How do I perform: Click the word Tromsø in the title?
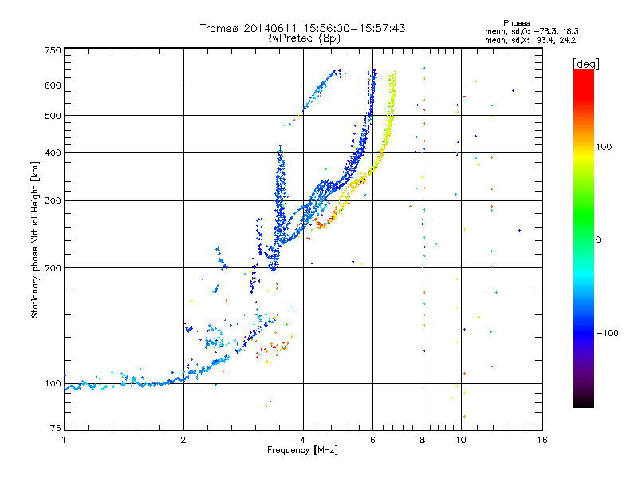(x=222, y=28)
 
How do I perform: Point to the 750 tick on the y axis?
(x=53, y=50)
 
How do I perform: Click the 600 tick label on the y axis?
(x=53, y=85)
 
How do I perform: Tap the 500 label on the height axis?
(x=53, y=116)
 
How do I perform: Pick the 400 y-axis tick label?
(x=53, y=153)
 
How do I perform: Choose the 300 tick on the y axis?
(x=53, y=201)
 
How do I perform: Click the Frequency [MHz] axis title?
(x=302, y=451)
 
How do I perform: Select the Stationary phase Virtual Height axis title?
(x=35, y=240)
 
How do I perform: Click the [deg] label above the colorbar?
(x=586, y=63)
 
